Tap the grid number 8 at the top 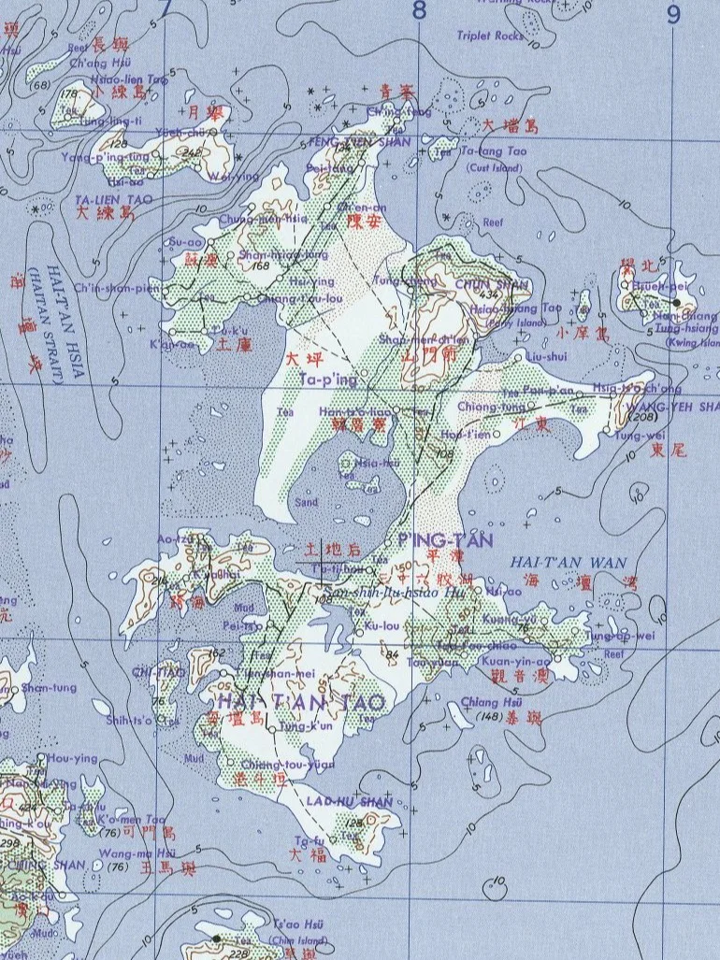418,11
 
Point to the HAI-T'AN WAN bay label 569,562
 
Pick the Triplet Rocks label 491,36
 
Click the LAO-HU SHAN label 337,802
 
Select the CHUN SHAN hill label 479,284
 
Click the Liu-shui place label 546,356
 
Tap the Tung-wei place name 635,435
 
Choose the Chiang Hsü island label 482,704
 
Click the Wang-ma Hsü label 125,853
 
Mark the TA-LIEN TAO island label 105,199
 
